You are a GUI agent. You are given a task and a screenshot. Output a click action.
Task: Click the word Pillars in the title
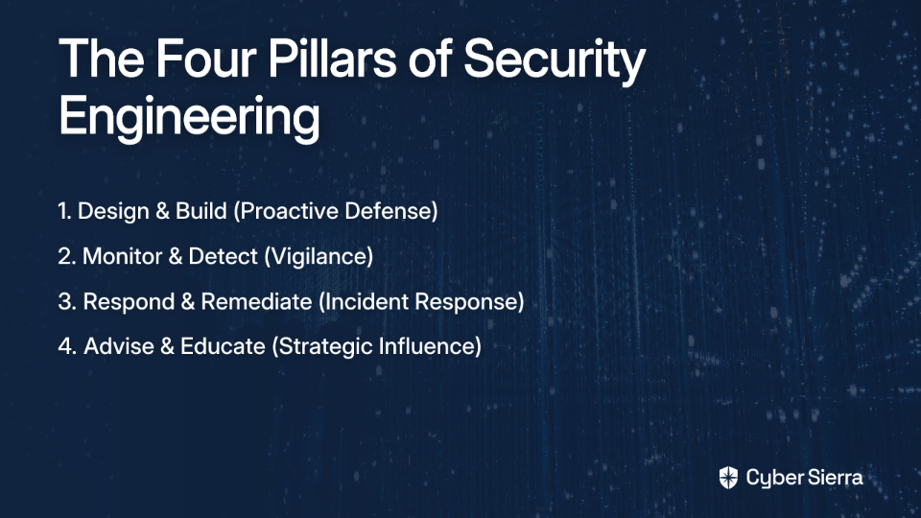point(333,59)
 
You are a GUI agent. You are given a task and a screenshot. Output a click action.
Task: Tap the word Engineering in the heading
point(189,116)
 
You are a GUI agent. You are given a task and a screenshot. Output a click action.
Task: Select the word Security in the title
point(555,61)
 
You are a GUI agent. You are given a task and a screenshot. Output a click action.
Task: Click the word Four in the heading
point(206,59)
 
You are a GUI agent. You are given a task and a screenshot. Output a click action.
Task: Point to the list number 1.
point(64,211)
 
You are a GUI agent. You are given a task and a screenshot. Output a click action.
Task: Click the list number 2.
point(66,256)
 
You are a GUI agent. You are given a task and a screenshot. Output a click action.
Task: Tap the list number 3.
point(67,301)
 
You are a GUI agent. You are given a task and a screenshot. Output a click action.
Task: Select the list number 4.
point(67,346)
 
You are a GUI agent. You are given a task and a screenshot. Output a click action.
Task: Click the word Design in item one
point(113,211)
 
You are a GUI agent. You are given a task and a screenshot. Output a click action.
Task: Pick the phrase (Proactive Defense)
point(336,211)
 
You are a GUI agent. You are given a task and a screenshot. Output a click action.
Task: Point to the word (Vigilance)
point(319,257)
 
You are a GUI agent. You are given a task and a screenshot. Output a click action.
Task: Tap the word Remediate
point(256,301)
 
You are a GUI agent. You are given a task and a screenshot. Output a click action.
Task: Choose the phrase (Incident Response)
point(421,302)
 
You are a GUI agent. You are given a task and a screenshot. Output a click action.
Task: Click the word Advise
point(117,346)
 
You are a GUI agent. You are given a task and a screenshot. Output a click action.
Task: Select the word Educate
point(223,346)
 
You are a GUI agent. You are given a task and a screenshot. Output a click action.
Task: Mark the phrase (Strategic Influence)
point(376,346)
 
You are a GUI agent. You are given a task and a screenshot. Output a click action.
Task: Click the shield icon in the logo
point(728,478)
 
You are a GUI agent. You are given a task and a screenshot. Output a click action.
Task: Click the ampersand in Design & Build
point(162,211)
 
